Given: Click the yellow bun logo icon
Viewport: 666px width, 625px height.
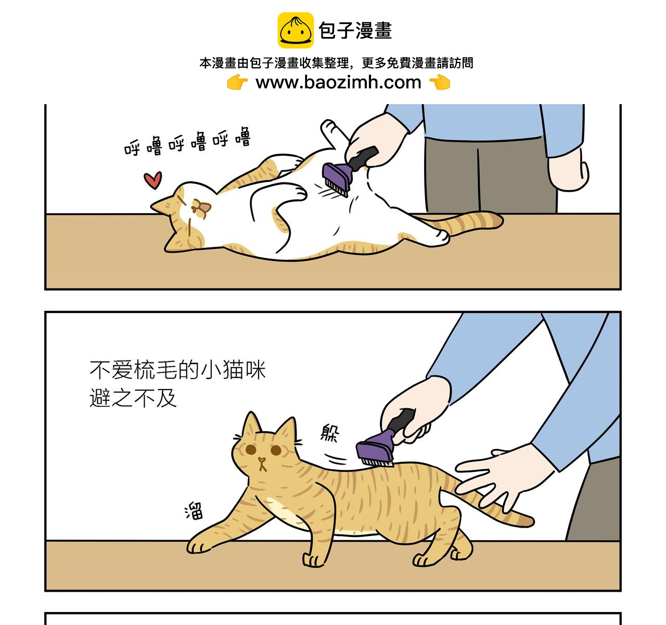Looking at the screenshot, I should (x=295, y=30).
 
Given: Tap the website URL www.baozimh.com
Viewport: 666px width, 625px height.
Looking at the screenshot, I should (x=338, y=82).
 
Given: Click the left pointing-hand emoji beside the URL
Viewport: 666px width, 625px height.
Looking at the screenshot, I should (x=237, y=82).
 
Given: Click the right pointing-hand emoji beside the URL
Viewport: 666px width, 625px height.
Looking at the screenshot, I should (x=440, y=82).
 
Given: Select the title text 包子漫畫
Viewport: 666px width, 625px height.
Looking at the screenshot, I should (x=355, y=31).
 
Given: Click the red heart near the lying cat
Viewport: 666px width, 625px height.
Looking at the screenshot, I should (x=152, y=180).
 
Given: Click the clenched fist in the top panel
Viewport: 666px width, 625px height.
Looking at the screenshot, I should (x=568, y=172).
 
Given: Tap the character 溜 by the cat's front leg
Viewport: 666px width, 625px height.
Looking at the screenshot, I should (x=194, y=511).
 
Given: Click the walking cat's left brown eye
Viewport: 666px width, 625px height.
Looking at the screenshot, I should (x=251, y=449).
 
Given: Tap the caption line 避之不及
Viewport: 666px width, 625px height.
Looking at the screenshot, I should (x=133, y=398).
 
